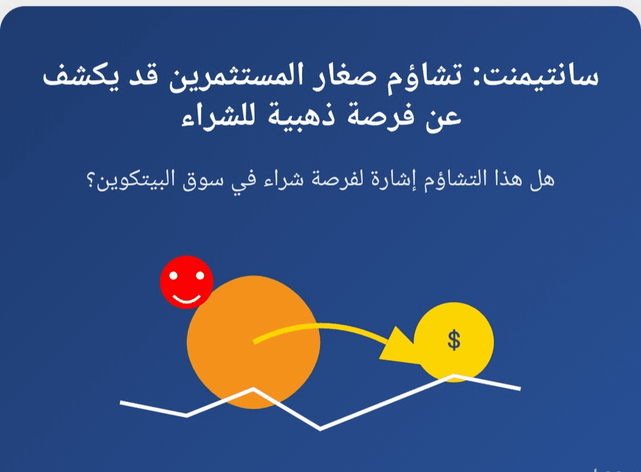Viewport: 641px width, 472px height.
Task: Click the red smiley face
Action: (x=186, y=282)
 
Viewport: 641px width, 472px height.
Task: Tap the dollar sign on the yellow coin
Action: (x=454, y=340)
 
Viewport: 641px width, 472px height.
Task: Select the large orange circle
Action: (x=253, y=342)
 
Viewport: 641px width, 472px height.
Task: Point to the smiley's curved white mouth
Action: (x=186, y=299)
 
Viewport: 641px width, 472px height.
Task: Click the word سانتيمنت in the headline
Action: (x=540, y=75)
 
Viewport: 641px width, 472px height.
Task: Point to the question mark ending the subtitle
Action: (x=91, y=181)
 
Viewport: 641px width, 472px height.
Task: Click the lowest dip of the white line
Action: (x=320, y=429)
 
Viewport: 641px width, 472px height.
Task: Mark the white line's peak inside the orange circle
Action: (x=253, y=389)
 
